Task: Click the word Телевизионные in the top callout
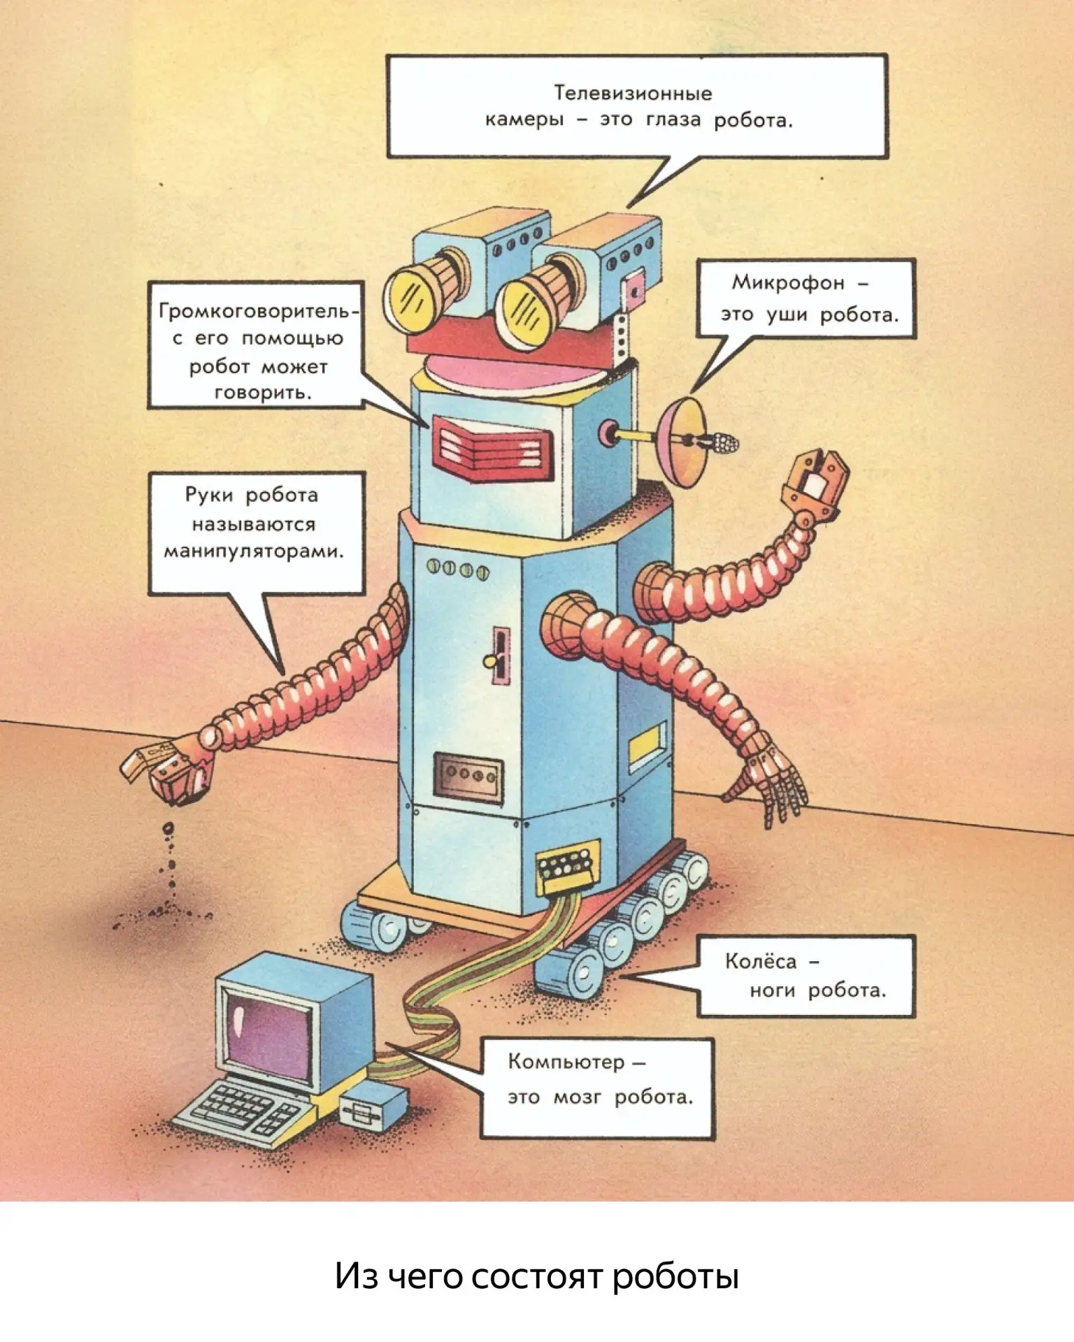click(x=633, y=93)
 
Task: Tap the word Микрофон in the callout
click(x=788, y=282)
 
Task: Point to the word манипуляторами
click(x=254, y=551)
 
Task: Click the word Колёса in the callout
click(x=761, y=961)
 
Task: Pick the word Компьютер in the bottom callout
click(x=566, y=1062)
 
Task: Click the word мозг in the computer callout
click(x=577, y=1097)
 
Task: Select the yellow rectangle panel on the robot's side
click(x=647, y=746)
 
